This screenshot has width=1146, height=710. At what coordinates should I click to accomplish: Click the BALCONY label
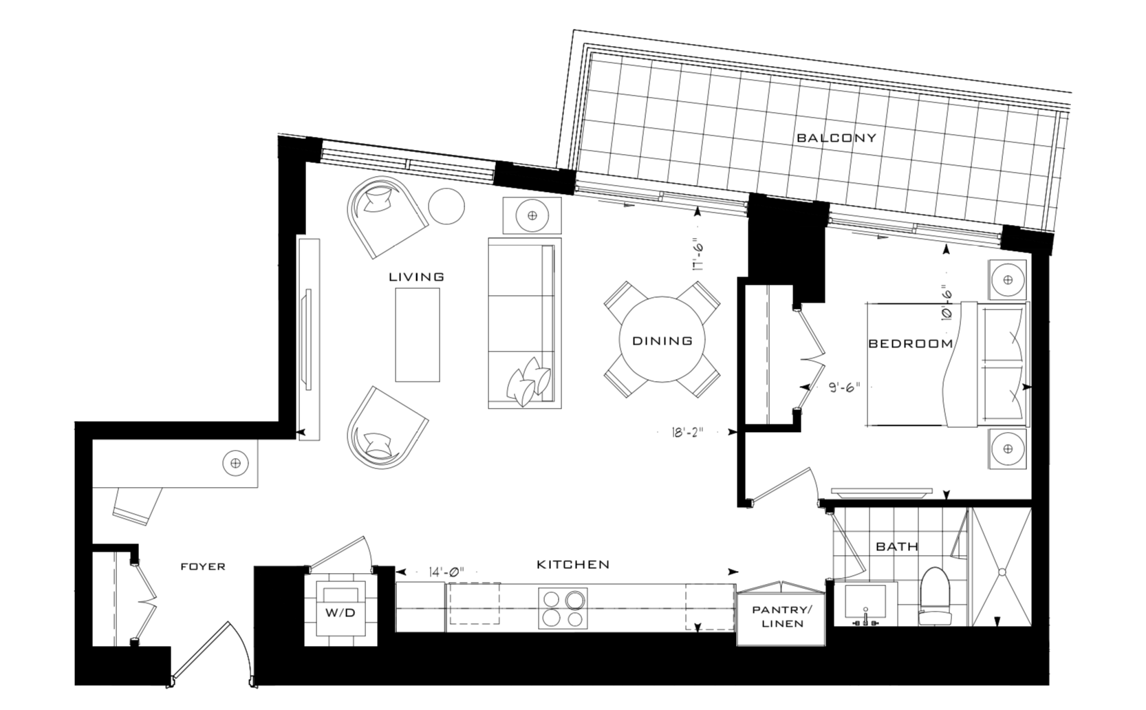pos(836,138)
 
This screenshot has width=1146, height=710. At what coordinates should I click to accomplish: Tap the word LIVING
pos(416,277)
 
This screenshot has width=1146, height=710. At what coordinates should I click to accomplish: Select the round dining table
pos(662,340)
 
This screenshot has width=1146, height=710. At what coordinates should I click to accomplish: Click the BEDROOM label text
pos(911,343)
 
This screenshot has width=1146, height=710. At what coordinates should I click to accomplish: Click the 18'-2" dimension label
pos(688,433)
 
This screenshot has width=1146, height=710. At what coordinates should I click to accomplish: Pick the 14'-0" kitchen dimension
pos(446,572)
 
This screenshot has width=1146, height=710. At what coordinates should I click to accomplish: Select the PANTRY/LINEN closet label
pos(782,617)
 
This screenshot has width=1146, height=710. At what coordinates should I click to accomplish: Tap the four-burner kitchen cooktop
pos(563,608)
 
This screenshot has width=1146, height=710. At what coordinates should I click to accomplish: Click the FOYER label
pos(203,567)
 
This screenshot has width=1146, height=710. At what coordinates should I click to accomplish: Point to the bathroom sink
pos(865,605)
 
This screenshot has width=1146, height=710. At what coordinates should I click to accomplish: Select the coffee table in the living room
pos(418,334)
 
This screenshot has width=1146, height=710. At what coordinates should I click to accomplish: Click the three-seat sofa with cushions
pos(525,323)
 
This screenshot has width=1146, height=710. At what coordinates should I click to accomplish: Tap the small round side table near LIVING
pos(446,206)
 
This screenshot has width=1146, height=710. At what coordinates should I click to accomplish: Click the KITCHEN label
pos(573,565)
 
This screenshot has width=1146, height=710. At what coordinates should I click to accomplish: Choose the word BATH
pos(897,547)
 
